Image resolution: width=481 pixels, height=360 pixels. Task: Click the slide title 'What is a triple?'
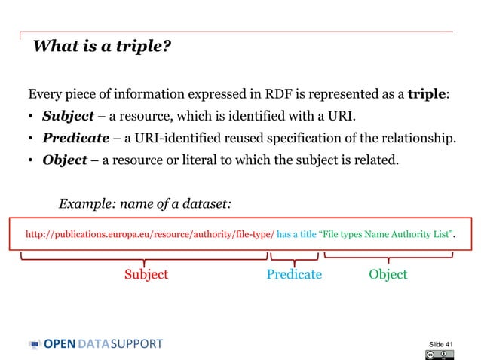102,47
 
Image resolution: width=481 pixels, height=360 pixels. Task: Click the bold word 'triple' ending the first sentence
427,95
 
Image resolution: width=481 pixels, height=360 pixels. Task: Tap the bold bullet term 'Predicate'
75,139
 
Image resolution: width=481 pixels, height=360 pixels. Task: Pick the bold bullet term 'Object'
63,160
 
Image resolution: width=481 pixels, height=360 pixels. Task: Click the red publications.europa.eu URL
149,235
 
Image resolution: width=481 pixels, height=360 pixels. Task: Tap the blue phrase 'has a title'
297,235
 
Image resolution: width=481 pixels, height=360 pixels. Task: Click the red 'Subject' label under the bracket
146,274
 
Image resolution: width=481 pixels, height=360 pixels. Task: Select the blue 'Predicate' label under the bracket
294,274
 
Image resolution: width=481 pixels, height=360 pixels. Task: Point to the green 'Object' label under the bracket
388,274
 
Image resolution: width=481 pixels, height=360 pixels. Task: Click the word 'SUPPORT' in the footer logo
136,344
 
